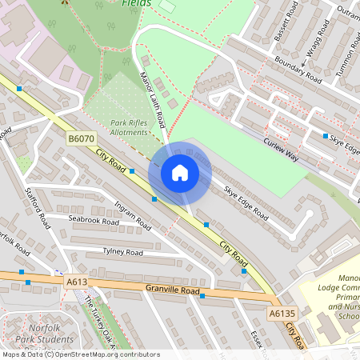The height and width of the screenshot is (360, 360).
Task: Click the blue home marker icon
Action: pos(180,173)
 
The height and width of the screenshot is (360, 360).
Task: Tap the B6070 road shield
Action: pos(78,139)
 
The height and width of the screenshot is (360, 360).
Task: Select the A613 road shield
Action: pos(77,282)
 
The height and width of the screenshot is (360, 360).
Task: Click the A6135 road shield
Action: pos(282,314)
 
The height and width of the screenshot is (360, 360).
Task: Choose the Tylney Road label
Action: pos(122,252)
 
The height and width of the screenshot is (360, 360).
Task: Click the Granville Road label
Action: pos(172,288)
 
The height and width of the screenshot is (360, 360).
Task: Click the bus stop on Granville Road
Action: pos(202,296)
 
